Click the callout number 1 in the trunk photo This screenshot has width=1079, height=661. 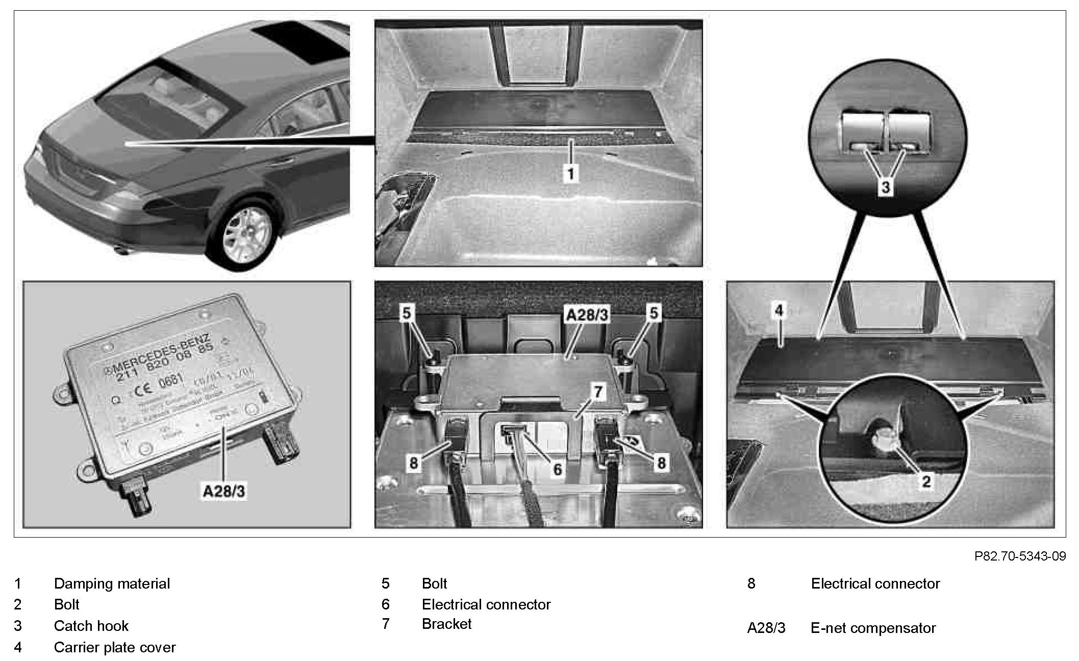571,173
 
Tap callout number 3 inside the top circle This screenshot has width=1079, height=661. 886,187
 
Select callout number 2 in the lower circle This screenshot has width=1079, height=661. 926,481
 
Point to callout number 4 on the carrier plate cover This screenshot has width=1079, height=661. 779,311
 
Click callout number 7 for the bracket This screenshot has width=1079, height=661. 597,392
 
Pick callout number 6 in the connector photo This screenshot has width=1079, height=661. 557,469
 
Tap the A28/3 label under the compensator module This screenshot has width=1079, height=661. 224,491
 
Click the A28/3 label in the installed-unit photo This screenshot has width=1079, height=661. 587,315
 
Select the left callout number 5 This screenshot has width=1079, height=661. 406,313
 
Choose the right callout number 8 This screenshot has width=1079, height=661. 661,463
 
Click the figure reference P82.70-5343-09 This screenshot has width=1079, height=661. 1020,556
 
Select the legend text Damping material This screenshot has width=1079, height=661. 112,583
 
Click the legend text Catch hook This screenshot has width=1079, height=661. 91,626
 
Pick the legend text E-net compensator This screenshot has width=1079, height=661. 873,628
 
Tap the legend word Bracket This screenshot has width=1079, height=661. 446,624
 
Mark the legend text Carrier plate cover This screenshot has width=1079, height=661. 115,647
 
